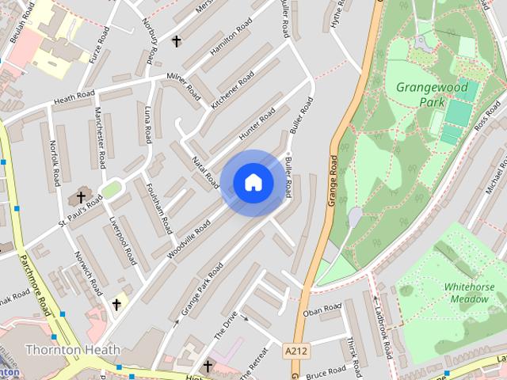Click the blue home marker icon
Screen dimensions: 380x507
tap(253, 183)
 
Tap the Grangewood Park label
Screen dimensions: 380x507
tap(432, 93)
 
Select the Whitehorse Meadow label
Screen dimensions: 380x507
tap(470, 292)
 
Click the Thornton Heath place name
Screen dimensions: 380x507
tap(73, 349)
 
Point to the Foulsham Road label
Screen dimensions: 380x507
tap(159, 208)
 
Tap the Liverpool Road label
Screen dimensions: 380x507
tap(124, 240)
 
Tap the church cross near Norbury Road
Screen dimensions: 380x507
tap(176, 40)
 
